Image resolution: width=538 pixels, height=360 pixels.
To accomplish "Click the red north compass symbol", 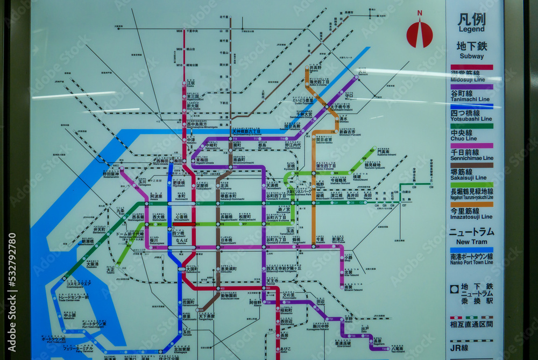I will coord(419,33).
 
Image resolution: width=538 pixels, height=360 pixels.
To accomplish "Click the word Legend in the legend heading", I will coord(471,29).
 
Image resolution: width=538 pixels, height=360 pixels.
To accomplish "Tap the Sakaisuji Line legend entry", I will coord(471,174).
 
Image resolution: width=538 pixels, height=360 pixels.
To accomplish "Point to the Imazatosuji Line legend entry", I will coord(471,214).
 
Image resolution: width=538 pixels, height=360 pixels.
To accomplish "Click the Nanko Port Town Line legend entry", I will coord(471,259).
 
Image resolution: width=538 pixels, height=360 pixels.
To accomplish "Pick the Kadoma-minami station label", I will coord(383,153).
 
